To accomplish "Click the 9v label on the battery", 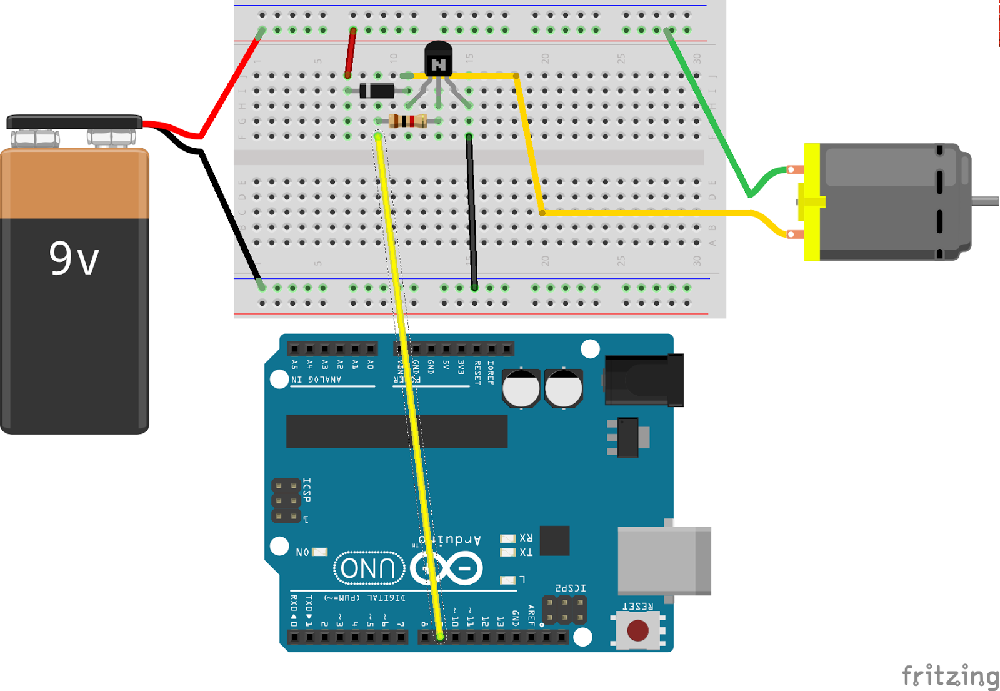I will (x=74, y=258).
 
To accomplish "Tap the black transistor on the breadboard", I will (x=438, y=60).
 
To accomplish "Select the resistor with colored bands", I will (x=408, y=121).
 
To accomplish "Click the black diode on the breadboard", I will (x=377, y=91).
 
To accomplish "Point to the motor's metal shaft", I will (x=986, y=201).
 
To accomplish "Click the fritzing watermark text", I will (x=949, y=676).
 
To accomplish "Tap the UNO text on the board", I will (x=369, y=568).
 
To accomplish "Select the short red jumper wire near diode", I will (x=351, y=53).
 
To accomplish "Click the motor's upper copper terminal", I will (x=794, y=169).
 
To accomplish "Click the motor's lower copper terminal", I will (x=794, y=235).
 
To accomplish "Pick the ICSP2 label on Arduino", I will (x=571, y=588).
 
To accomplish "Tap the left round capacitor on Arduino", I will (x=521, y=388).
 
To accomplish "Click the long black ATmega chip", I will (x=396, y=431).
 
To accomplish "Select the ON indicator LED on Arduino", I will (x=320, y=552).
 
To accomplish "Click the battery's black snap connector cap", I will (x=74, y=121).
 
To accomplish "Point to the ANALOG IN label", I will (x=317, y=380).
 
